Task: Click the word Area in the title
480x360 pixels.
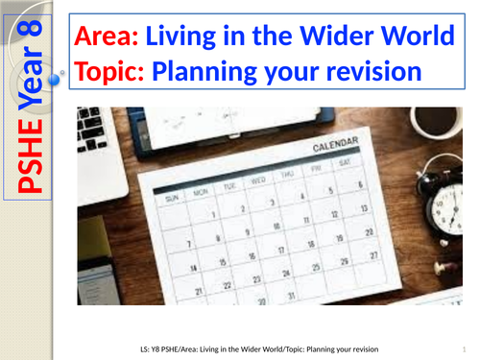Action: click(x=107, y=38)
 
